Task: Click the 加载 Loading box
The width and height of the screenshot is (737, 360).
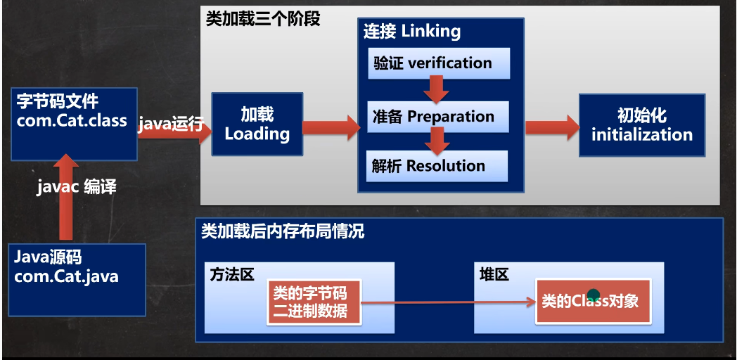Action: pyautogui.click(x=257, y=124)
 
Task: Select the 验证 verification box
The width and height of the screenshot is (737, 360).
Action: pyautogui.click(x=439, y=63)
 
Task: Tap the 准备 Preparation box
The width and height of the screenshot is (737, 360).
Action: pyautogui.click(x=438, y=117)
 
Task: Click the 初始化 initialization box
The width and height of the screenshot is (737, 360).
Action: pyautogui.click(x=641, y=126)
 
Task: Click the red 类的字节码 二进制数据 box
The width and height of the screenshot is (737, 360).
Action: pyautogui.click(x=314, y=302)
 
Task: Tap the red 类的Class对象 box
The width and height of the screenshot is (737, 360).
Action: pyautogui.click(x=594, y=301)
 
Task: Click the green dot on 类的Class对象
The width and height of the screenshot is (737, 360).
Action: pyautogui.click(x=594, y=295)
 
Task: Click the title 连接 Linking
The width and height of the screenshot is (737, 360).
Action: pyautogui.click(x=412, y=32)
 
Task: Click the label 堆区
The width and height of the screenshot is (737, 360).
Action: pyautogui.click(x=494, y=275)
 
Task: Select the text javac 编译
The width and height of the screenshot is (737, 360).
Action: pyautogui.click(x=77, y=187)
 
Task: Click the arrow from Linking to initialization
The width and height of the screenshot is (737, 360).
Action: pyautogui.click(x=551, y=127)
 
